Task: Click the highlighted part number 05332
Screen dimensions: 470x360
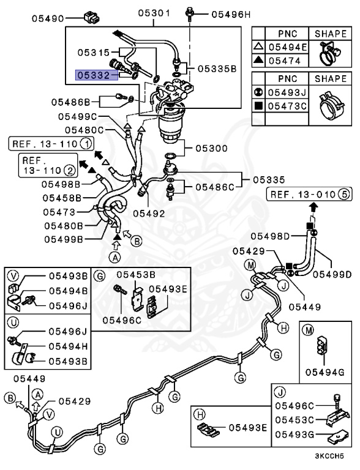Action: pyautogui.click(x=92, y=75)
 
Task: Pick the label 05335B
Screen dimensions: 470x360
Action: pyautogui.click(x=215, y=69)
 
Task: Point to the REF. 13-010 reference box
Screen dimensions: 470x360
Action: pyautogui.click(x=302, y=195)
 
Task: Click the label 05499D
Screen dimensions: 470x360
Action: pyautogui.click(x=331, y=274)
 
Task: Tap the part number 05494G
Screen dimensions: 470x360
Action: pyautogui.click(x=321, y=371)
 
